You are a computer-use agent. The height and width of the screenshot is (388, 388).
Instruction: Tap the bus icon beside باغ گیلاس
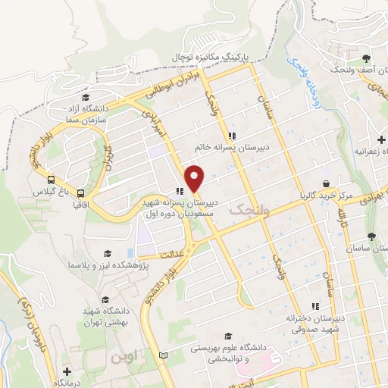[x=51, y=180]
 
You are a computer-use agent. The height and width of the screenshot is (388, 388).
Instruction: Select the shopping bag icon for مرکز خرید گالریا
[x=326, y=183]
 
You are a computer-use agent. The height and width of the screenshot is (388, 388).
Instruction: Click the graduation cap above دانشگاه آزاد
[x=86, y=99]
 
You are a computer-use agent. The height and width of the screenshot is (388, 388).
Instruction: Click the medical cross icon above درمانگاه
[x=67, y=371]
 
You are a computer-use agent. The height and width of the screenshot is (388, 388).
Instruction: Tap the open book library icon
[x=164, y=355]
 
